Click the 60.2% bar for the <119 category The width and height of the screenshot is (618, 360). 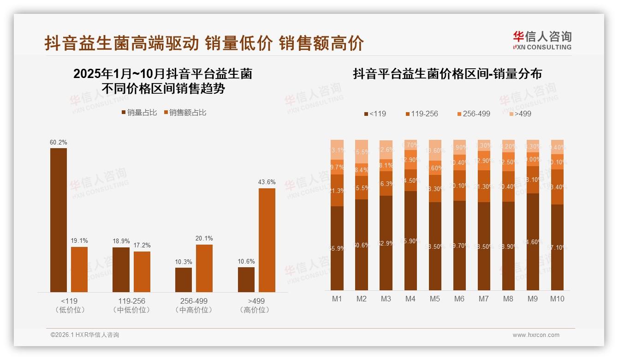point(59,220)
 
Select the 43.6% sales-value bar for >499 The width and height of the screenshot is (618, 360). point(267,240)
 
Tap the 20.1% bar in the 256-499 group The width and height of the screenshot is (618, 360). point(204,268)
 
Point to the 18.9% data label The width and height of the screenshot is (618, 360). point(121,241)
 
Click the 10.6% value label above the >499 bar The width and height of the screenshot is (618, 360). point(246,261)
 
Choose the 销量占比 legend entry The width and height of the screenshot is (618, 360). point(139,113)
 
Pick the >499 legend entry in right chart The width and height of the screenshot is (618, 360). point(520,114)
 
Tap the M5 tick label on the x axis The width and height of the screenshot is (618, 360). point(434,299)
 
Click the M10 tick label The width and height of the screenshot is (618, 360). point(557,299)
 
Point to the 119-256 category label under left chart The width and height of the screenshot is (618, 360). point(131,301)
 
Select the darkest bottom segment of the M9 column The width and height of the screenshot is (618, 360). point(533,242)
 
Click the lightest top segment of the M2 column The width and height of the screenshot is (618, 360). point(362,151)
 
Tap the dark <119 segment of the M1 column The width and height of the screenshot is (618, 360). point(337,248)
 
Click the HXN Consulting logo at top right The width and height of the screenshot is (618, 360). point(542,40)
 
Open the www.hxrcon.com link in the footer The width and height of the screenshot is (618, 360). point(536,335)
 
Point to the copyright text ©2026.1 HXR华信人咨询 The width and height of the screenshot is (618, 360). point(85,335)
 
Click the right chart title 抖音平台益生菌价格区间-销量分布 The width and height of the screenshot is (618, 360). point(447,74)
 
